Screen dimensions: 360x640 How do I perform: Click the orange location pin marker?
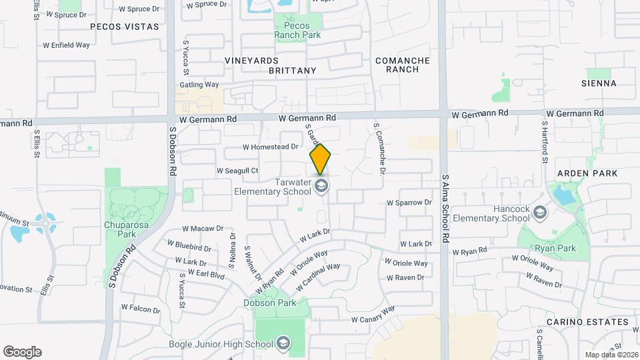pos(321,159)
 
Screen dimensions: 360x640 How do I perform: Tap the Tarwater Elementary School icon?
pos(322,185)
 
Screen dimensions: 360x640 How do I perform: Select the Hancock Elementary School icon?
pos(540,213)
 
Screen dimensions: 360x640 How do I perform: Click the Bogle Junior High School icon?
pos(283,343)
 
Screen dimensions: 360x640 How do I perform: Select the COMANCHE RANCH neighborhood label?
pos(402,65)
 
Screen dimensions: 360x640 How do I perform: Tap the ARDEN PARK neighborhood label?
pos(589,173)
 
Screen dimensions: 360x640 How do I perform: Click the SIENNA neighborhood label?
pos(598,83)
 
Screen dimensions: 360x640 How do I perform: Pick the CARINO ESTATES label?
pos(587,322)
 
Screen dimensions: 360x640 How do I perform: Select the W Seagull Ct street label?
pos(237,171)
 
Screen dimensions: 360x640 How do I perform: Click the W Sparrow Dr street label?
pos(409,202)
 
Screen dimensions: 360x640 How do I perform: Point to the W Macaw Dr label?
pos(203,228)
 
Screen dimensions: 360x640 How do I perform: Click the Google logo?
pos(22,351)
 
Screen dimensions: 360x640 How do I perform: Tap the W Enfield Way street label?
pos(66,45)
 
